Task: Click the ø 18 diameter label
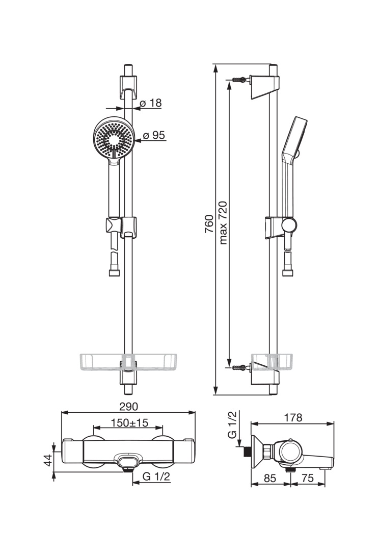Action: pyautogui.click(x=151, y=103)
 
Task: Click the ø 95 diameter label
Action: pyautogui.click(x=154, y=135)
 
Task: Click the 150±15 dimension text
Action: pyautogui.click(x=129, y=423)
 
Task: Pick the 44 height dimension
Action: pyautogui.click(x=48, y=460)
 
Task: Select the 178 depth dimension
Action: pyautogui.click(x=293, y=417)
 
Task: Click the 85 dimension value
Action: pyautogui.click(x=270, y=478)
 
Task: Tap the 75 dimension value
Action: pyautogui.click(x=308, y=478)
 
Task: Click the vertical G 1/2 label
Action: pyautogui.click(x=232, y=424)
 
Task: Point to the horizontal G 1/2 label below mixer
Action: pyautogui.click(x=156, y=477)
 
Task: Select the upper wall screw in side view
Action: pyautogui.click(x=240, y=80)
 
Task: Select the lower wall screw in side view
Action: pyautogui.click(x=240, y=367)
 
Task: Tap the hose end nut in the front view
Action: pyautogui.click(x=114, y=272)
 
